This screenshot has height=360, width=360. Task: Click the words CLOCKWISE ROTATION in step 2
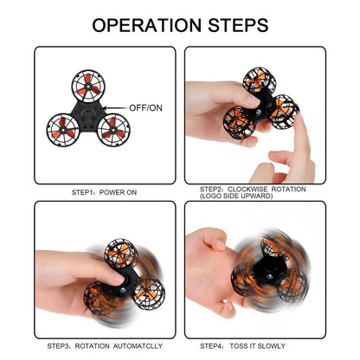pos(273,188)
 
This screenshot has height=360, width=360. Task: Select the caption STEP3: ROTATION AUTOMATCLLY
pos(101,344)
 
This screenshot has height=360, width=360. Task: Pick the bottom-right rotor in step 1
pos(111,133)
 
